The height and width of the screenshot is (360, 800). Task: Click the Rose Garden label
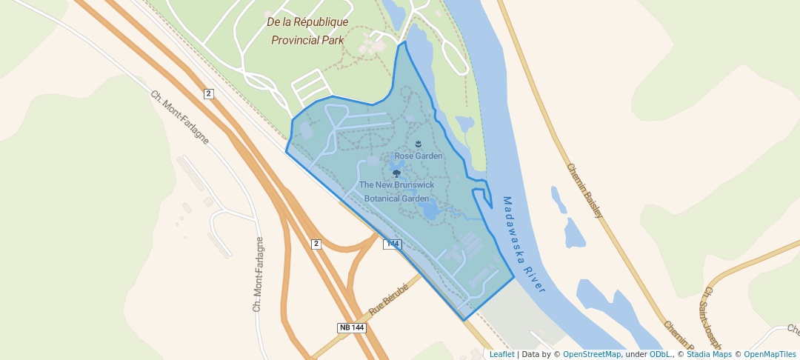(x=419, y=156)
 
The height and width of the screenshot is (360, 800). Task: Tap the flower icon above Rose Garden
(x=419, y=143)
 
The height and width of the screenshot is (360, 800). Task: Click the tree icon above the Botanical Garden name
(x=396, y=173)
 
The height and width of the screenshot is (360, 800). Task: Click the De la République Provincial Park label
(x=307, y=31)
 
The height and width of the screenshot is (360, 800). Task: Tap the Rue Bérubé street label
(x=389, y=299)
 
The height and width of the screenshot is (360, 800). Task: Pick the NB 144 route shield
(x=352, y=327)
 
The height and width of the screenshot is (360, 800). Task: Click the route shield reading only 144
(x=392, y=244)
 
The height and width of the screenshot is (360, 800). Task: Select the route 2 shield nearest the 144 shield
(x=316, y=244)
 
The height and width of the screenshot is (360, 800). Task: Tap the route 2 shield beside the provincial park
(x=209, y=93)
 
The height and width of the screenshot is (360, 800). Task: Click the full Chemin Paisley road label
(x=585, y=190)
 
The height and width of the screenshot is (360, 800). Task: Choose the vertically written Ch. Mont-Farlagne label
(x=259, y=273)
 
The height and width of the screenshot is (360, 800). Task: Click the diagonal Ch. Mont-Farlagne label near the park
(x=179, y=117)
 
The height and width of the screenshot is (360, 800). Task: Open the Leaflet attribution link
(x=502, y=354)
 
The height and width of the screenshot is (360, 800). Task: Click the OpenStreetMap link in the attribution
(x=592, y=354)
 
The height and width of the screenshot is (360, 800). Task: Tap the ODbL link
(x=660, y=354)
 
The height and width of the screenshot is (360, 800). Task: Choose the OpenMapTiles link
(x=770, y=354)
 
